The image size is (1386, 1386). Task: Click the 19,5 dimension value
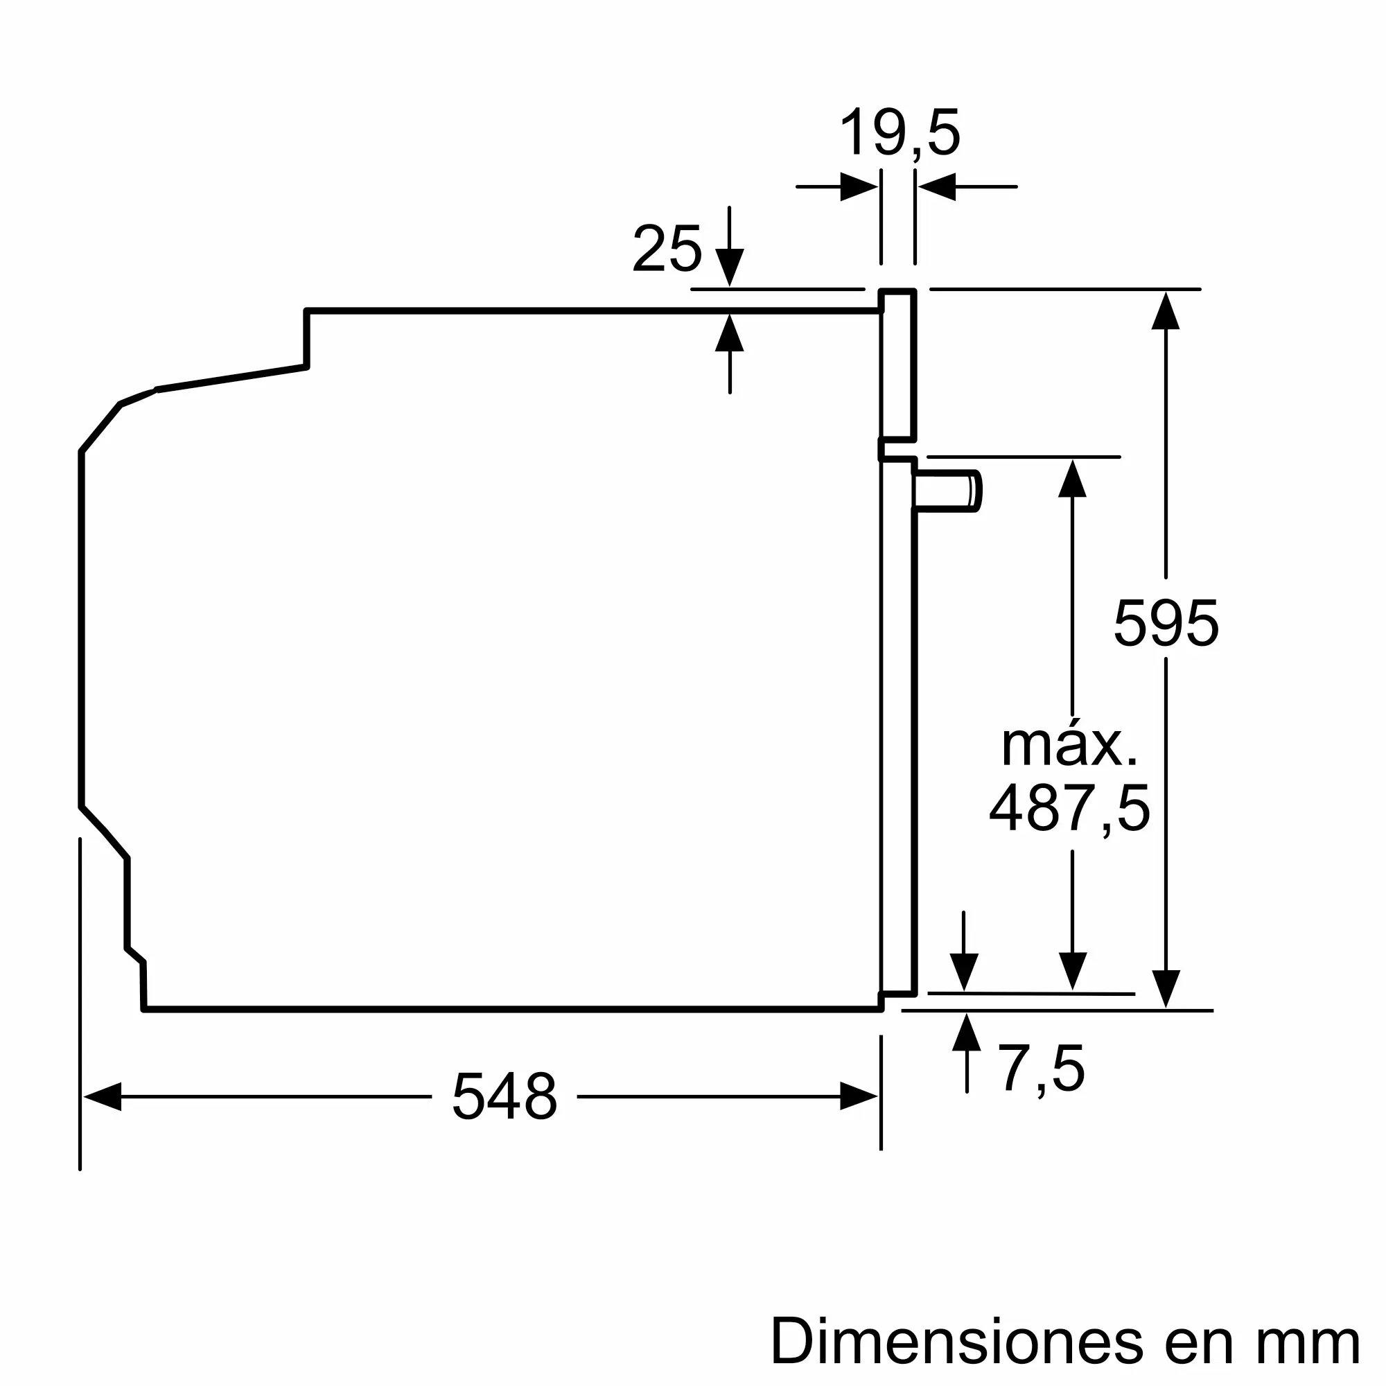(899, 134)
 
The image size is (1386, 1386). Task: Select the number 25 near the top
(667, 249)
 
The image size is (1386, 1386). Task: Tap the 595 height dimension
(1166, 624)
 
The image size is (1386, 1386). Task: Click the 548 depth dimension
(505, 1096)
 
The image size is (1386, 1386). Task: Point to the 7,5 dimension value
(1042, 1068)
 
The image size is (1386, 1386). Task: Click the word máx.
(1069, 746)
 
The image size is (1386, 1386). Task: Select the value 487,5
(1069, 808)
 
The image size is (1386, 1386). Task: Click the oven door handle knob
(947, 491)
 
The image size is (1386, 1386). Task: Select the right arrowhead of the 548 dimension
(859, 1096)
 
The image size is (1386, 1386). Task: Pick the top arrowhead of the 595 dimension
(1166, 310)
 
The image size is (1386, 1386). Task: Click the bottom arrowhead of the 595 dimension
(1166, 990)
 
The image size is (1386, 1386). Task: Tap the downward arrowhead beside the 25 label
(730, 267)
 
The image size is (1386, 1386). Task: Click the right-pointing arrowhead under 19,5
(859, 187)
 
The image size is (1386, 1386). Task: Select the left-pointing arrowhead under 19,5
(937, 187)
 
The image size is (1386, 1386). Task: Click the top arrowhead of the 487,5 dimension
(1072, 477)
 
